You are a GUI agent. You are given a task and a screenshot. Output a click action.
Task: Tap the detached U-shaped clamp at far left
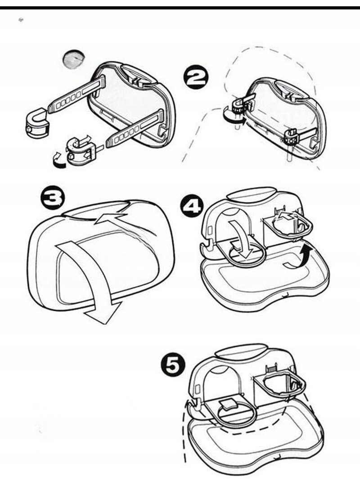[x=36, y=123]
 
